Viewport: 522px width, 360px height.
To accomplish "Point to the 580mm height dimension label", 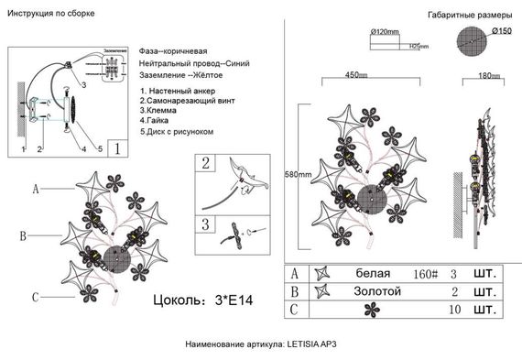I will pyautogui.click(x=298, y=175).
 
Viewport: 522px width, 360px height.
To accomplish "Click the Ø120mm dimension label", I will pyautogui.click(x=386, y=32).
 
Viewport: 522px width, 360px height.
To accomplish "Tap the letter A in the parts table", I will pyautogui.click(x=294, y=273).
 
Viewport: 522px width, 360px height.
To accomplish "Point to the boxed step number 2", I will pyautogui.click(x=206, y=163).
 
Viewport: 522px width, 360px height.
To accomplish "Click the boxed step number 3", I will pyautogui.click(x=206, y=224).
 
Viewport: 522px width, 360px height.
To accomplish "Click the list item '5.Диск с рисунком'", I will pyautogui.click(x=177, y=132).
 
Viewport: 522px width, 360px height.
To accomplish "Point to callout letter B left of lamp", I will pyautogui.click(x=23, y=235).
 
